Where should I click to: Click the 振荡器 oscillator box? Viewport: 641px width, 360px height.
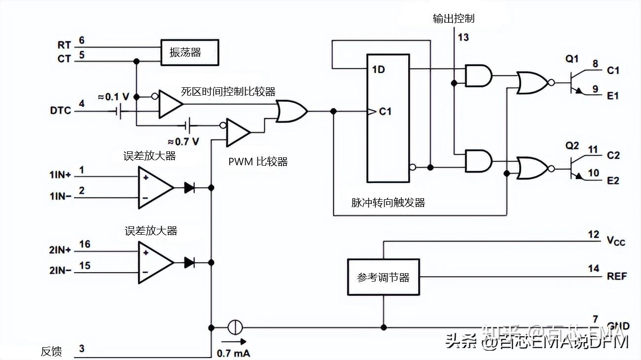189,52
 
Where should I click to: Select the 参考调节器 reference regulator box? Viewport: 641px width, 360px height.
383,277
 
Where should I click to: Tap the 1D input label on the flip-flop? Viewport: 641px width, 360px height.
378,69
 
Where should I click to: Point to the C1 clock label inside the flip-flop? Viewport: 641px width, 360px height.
385,111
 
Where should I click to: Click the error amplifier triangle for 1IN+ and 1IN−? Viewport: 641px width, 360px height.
154,187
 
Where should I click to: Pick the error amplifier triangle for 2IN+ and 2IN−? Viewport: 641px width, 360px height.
154,262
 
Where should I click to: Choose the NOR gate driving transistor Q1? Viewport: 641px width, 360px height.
532,82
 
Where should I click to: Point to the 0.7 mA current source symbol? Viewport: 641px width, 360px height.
234,327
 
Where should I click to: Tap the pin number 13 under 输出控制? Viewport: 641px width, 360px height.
463,37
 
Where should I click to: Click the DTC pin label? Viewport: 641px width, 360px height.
61,110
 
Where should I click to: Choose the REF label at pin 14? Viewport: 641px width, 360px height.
616,276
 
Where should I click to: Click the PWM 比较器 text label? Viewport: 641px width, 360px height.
258,162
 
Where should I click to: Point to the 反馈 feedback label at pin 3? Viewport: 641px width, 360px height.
51,352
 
